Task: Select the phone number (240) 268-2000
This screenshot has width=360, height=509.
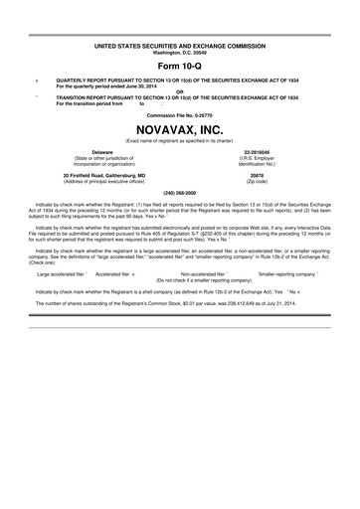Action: pos(180,192)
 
